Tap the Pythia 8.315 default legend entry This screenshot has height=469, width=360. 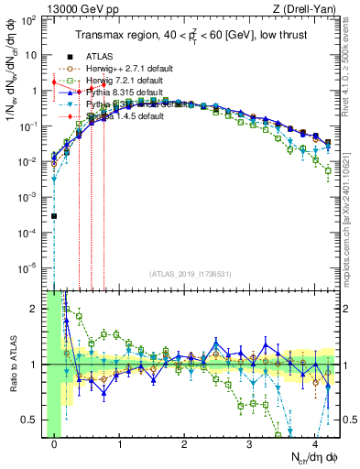coord(125,93)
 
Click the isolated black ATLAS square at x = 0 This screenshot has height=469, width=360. coord(54,216)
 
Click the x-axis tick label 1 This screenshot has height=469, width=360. coord(119,444)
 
